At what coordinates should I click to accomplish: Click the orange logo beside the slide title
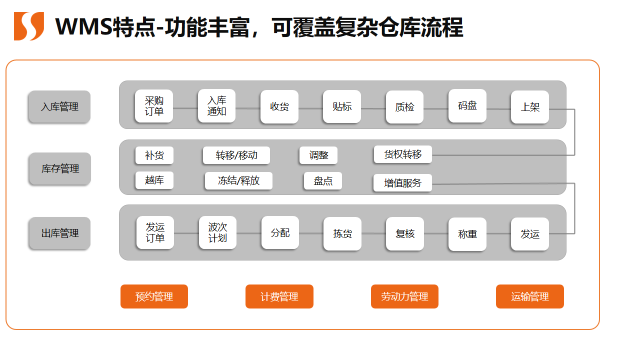coord(29,26)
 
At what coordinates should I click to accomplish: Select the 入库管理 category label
coord(59,107)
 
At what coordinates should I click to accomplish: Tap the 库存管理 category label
coord(60,169)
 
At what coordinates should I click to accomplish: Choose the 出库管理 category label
coord(60,233)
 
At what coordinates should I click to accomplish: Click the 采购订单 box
coord(154,106)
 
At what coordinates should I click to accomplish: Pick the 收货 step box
coord(280,107)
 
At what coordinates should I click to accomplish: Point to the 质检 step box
coord(404,107)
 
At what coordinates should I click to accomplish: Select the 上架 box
coord(530,107)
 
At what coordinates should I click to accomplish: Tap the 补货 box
coord(154,155)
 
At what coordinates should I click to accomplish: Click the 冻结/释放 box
coord(238,181)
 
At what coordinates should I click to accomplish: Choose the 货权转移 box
coord(402,155)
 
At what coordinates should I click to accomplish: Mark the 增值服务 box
coord(402,183)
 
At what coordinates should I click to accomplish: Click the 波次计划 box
coord(218,233)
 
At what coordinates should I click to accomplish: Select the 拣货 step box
coord(342,233)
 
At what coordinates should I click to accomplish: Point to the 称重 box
coord(467,234)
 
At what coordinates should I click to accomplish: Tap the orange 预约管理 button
coord(154,296)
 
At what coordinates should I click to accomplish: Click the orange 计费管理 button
coord(279,296)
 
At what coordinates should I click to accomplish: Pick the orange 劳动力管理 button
coord(404,296)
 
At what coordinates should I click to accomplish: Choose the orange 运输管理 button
coord(530,296)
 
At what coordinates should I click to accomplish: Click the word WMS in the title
coord(84,27)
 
